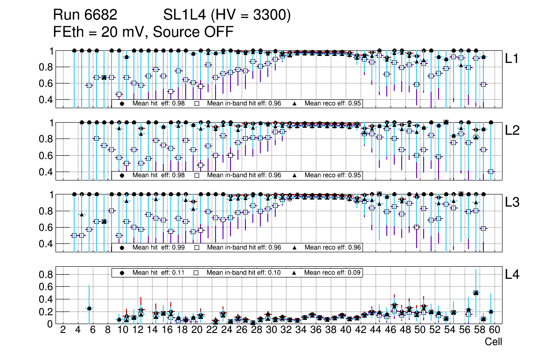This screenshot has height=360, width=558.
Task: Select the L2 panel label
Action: point(512,130)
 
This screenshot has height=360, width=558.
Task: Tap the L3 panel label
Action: point(512,202)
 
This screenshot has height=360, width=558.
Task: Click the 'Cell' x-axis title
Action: point(493,342)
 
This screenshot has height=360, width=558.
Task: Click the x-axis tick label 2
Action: point(63,331)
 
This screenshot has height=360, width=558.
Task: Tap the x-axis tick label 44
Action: point(375,331)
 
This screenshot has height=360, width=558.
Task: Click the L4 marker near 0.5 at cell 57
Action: point(476,293)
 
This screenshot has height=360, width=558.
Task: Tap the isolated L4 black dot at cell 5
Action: point(89,308)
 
